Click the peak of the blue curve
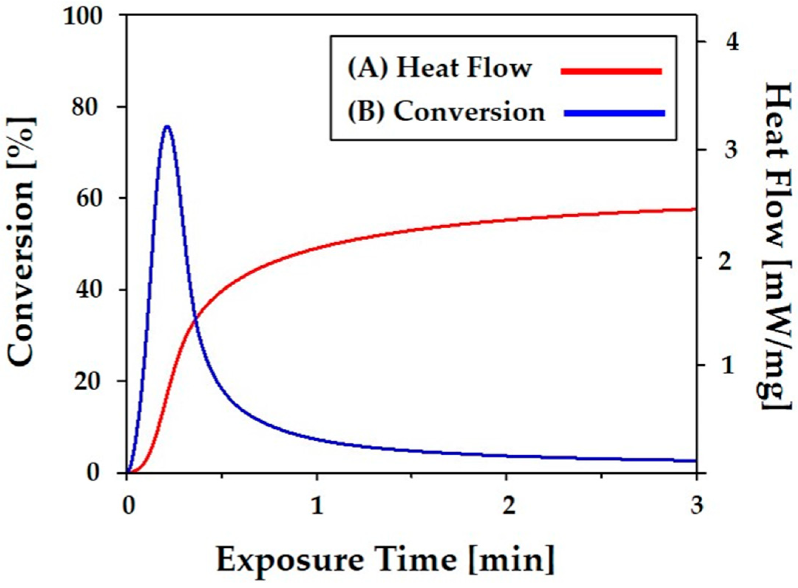coord(167,126)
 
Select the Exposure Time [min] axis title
coord(385,560)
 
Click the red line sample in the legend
coord(611,71)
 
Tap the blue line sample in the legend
coord(614,113)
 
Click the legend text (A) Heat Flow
coord(440,69)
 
